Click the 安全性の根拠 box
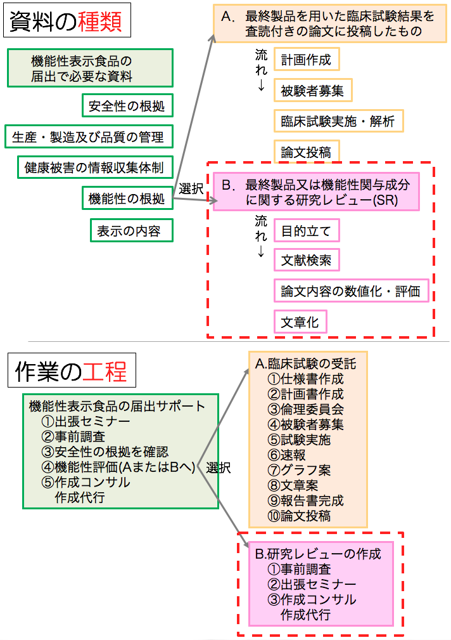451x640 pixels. click(127, 105)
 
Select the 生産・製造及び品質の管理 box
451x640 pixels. click(89, 136)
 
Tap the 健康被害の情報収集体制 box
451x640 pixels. click(95, 167)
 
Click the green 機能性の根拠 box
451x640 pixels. click(127, 199)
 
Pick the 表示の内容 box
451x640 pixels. click(131, 231)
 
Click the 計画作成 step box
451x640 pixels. click(307, 59)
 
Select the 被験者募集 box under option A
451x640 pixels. click(313, 90)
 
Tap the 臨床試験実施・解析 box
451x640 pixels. click(338, 121)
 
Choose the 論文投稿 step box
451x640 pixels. click(307, 152)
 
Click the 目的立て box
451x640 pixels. click(307, 231)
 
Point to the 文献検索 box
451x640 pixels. click(307, 260)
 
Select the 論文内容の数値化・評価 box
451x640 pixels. click(351, 291)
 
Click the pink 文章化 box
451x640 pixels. click(300, 322)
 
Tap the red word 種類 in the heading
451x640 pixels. click(100, 21)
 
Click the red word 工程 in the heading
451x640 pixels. click(105, 371)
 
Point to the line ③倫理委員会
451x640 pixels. click(305, 409)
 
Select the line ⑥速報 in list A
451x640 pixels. click(287, 455)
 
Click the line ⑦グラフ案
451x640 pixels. click(299, 470)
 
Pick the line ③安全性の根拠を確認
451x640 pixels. click(105, 452)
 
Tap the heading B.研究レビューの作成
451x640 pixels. click(318, 554)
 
